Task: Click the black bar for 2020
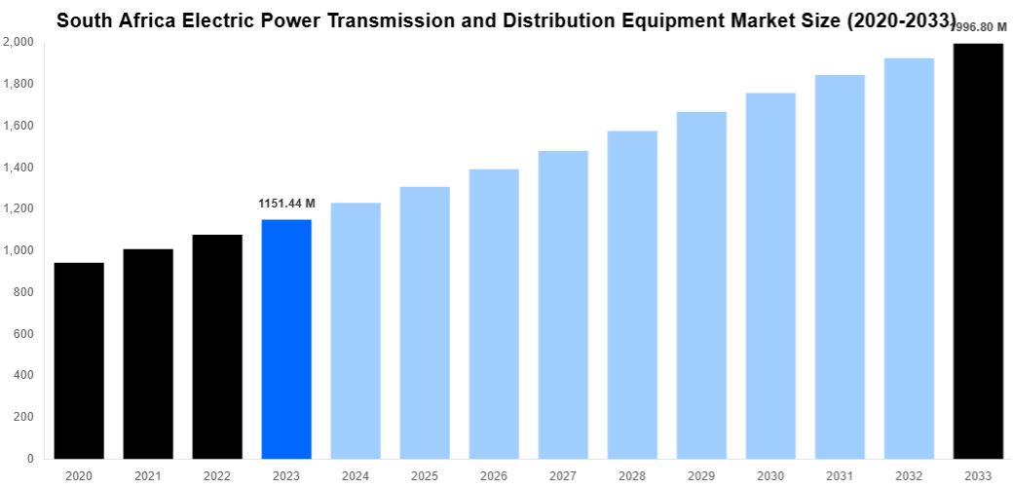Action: coord(79,360)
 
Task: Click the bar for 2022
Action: coord(217,347)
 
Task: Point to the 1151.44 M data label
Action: coord(286,204)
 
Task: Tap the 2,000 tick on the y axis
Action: coord(19,43)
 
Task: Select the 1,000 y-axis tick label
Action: coord(19,251)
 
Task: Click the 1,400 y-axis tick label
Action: coord(19,168)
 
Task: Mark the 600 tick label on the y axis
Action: coord(24,334)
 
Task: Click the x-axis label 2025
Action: coord(425,475)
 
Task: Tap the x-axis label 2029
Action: coord(701,475)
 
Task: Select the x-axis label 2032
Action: coord(909,475)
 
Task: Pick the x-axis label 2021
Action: coord(148,475)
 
